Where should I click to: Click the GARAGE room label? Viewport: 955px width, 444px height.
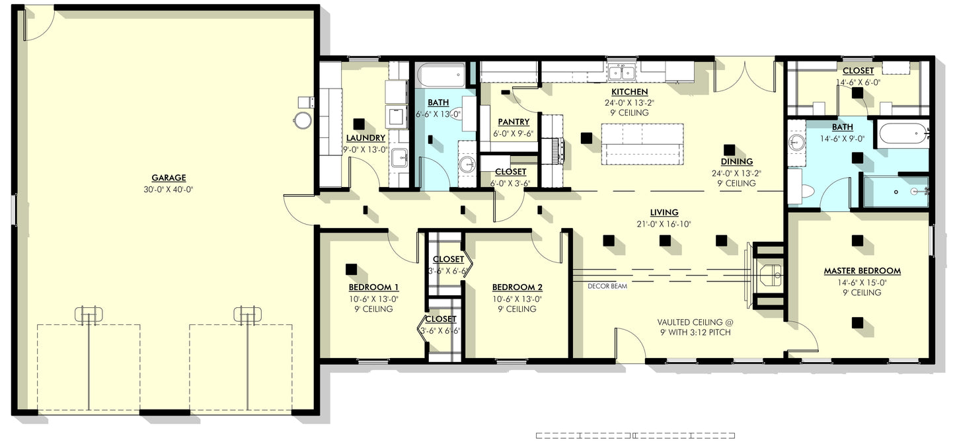point(169,178)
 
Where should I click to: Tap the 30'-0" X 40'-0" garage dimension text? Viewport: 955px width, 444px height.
point(169,189)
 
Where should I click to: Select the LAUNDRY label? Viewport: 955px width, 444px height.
point(365,138)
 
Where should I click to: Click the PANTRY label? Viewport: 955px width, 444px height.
point(513,122)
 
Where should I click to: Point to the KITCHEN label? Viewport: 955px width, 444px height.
point(629,92)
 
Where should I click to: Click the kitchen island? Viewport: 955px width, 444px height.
point(642,143)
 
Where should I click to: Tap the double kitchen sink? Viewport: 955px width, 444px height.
point(621,71)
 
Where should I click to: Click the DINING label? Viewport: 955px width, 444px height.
point(736,162)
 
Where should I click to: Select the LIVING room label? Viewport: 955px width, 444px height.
point(664,213)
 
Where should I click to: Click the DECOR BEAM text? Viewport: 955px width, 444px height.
point(607,287)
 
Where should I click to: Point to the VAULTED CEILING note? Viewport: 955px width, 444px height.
point(693,322)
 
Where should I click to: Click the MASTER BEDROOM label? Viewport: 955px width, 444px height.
point(862,271)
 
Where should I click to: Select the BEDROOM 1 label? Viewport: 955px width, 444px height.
point(373,287)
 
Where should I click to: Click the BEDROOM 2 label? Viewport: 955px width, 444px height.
point(517,287)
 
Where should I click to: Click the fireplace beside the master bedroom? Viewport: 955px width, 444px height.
point(768,274)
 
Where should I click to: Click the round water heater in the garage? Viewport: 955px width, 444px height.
point(302,120)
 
